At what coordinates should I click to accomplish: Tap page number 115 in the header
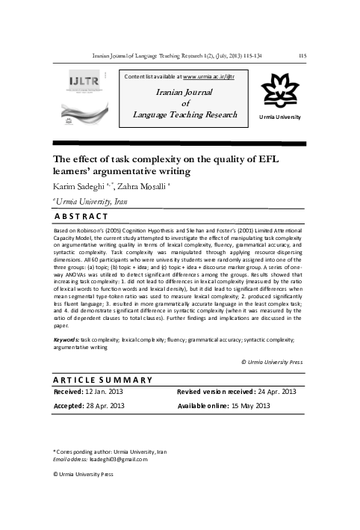(x=302, y=55)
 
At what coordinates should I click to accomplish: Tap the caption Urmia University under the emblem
(x=280, y=118)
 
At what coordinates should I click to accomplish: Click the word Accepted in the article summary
(x=72, y=407)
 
